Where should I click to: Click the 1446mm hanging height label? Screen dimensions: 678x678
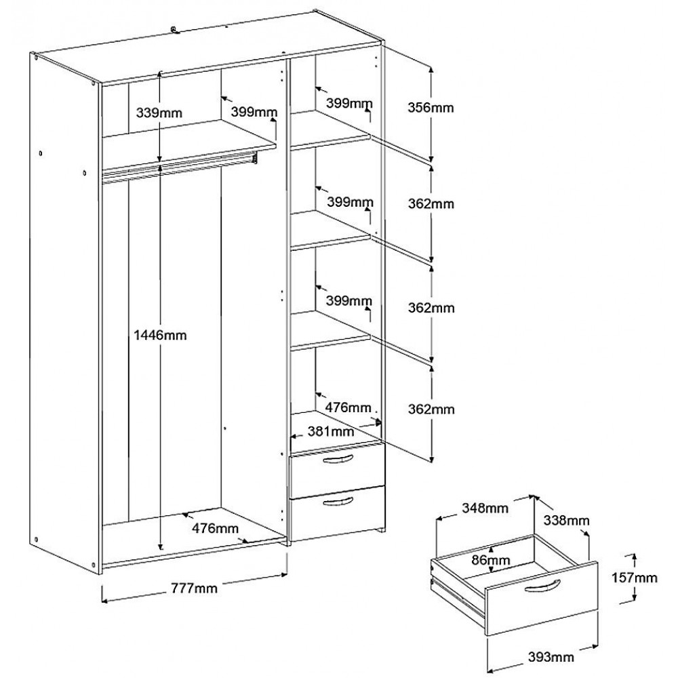click(x=161, y=334)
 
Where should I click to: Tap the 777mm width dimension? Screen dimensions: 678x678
click(x=195, y=589)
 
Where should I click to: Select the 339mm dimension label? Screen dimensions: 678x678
click(x=160, y=113)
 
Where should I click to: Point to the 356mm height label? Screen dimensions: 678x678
click(x=430, y=107)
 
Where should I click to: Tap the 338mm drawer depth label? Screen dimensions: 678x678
click(x=566, y=521)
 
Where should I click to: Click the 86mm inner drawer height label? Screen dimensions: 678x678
click(x=490, y=560)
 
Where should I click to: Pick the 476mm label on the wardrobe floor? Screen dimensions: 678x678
click(x=215, y=528)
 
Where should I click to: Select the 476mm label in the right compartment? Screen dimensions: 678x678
click(x=348, y=407)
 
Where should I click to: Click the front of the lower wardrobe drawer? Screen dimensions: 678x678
click(x=336, y=512)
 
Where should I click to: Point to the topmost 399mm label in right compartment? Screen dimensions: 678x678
click(x=349, y=103)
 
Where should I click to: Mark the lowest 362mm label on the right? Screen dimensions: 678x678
click(x=430, y=410)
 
